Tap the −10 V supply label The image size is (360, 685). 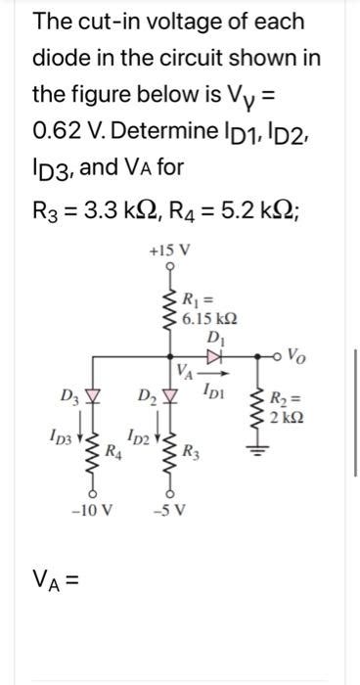click(91, 510)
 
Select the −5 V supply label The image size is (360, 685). click(169, 510)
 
